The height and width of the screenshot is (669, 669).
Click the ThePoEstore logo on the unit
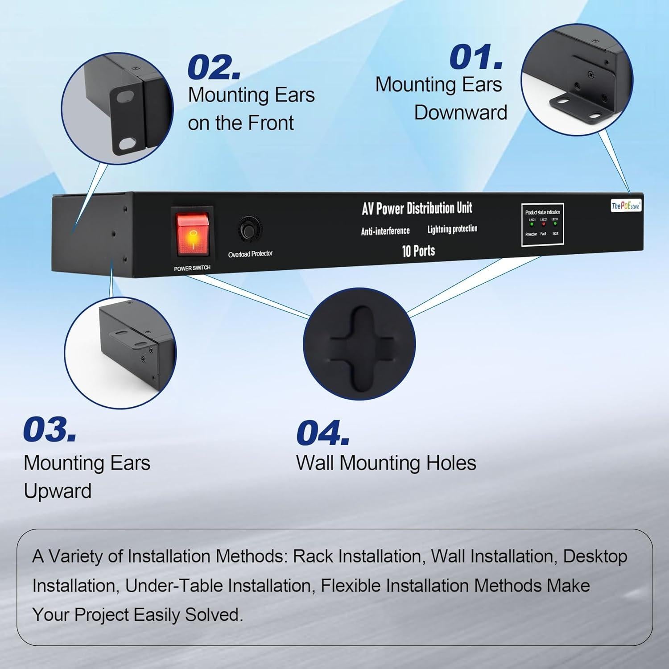(626, 206)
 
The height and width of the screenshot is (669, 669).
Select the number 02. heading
(214, 68)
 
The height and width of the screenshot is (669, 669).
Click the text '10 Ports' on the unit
(418, 251)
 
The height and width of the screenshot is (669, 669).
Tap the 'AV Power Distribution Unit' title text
(417, 208)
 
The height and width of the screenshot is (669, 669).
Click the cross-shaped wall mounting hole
(359, 344)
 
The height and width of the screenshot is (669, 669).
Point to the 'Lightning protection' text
(452, 229)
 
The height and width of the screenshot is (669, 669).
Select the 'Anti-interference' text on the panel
(385, 231)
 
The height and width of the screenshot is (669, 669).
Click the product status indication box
(542, 224)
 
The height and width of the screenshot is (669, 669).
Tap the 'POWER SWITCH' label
(192, 268)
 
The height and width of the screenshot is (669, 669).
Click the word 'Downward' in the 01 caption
(460, 112)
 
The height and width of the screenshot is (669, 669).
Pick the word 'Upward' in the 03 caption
(58, 491)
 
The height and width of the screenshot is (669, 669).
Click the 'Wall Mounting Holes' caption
(386, 463)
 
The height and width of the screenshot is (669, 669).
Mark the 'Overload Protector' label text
(250, 254)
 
